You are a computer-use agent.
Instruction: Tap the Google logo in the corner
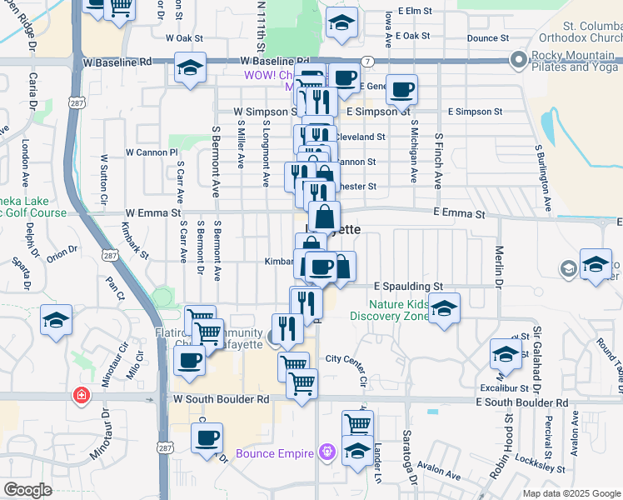pyautogui.click(x=27, y=490)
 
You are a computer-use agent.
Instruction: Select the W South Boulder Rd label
pyautogui.click(x=222, y=399)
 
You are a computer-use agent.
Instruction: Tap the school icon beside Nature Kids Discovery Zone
pyautogui.click(x=444, y=309)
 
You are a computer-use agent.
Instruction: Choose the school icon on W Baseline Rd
pyautogui.click(x=191, y=68)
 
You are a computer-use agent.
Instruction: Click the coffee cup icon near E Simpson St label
pyautogui.click(x=401, y=89)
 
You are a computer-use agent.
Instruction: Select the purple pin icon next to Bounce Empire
pyautogui.click(x=327, y=452)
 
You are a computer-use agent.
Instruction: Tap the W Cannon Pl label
pyautogui.click(x=152, y=152)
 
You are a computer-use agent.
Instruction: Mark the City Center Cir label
pyautogui.click(x=346, y=359)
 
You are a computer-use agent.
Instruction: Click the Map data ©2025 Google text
pyautogui.click(x=571, y=493)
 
